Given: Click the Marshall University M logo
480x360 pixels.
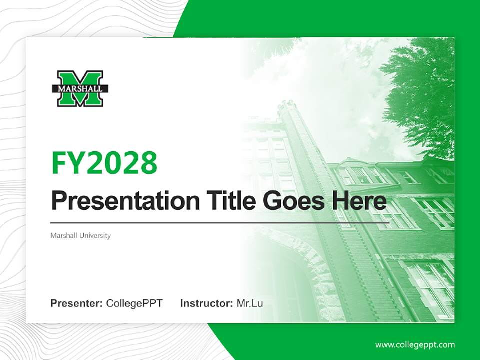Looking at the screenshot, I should pos(80,88).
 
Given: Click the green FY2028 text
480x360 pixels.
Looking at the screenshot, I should pos(104,163).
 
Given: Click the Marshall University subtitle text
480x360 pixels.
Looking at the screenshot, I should pos(80,235).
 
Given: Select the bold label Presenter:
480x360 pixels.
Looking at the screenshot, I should pos(77,303).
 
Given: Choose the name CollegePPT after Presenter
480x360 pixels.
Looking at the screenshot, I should pos(134,303).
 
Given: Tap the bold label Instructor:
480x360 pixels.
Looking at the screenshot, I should pos(206,303).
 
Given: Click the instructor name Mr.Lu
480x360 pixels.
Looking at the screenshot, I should pos(250,303).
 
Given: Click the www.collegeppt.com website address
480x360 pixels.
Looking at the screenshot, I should pos(415,345).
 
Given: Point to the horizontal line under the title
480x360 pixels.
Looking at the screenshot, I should pos(220,223).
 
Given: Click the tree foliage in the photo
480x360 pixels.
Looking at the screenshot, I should pos(420,95).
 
